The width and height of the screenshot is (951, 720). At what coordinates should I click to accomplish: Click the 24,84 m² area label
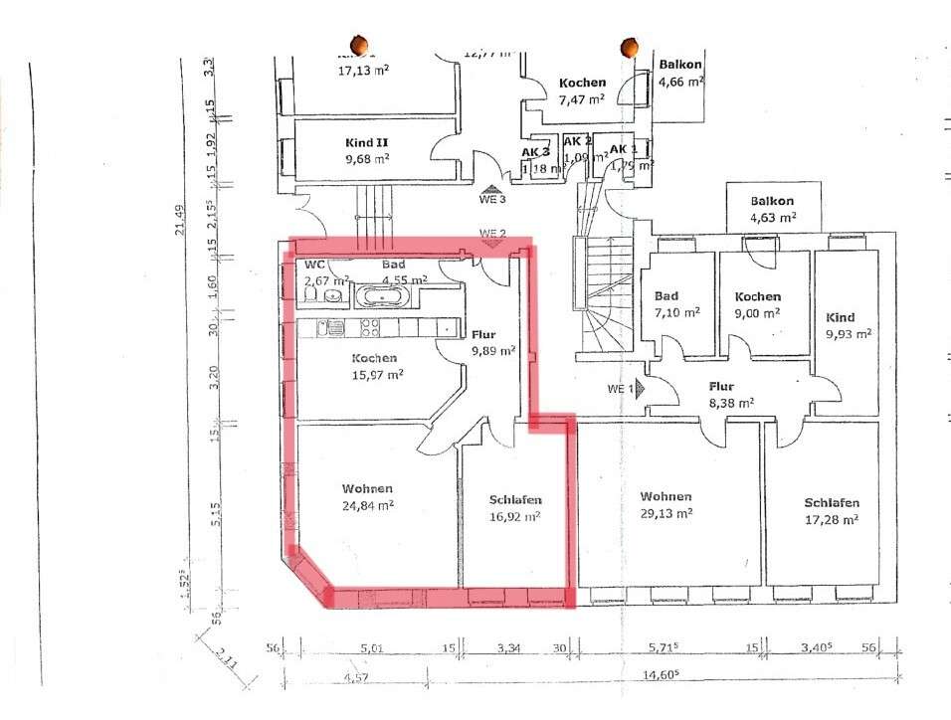pyautogui.click(x=367, y=505)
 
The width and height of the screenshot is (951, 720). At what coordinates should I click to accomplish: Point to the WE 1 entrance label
pyautogui.click(x=618, y=388)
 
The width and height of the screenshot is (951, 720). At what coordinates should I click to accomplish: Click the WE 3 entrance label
pyautogui.click(x=492, y=199)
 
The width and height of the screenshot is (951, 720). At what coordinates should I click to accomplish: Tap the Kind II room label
pyautogui.click(x=366, y=142)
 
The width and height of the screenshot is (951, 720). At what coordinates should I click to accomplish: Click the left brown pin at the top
pyautogui.click(x=360, y=45)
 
